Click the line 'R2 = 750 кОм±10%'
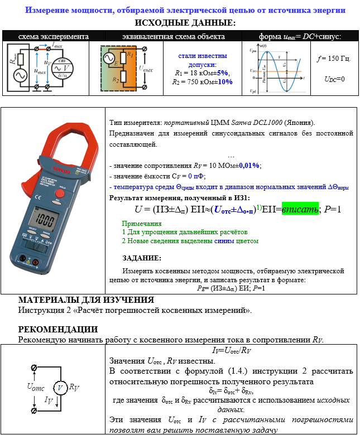(x=202, y=81)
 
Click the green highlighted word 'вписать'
(x=300, y=209)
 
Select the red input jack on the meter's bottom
(x=37, y=261)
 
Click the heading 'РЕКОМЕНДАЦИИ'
(x=58, y=329)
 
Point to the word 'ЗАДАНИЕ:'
(x=142, y=258)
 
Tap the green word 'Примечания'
(x=144, y=223)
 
